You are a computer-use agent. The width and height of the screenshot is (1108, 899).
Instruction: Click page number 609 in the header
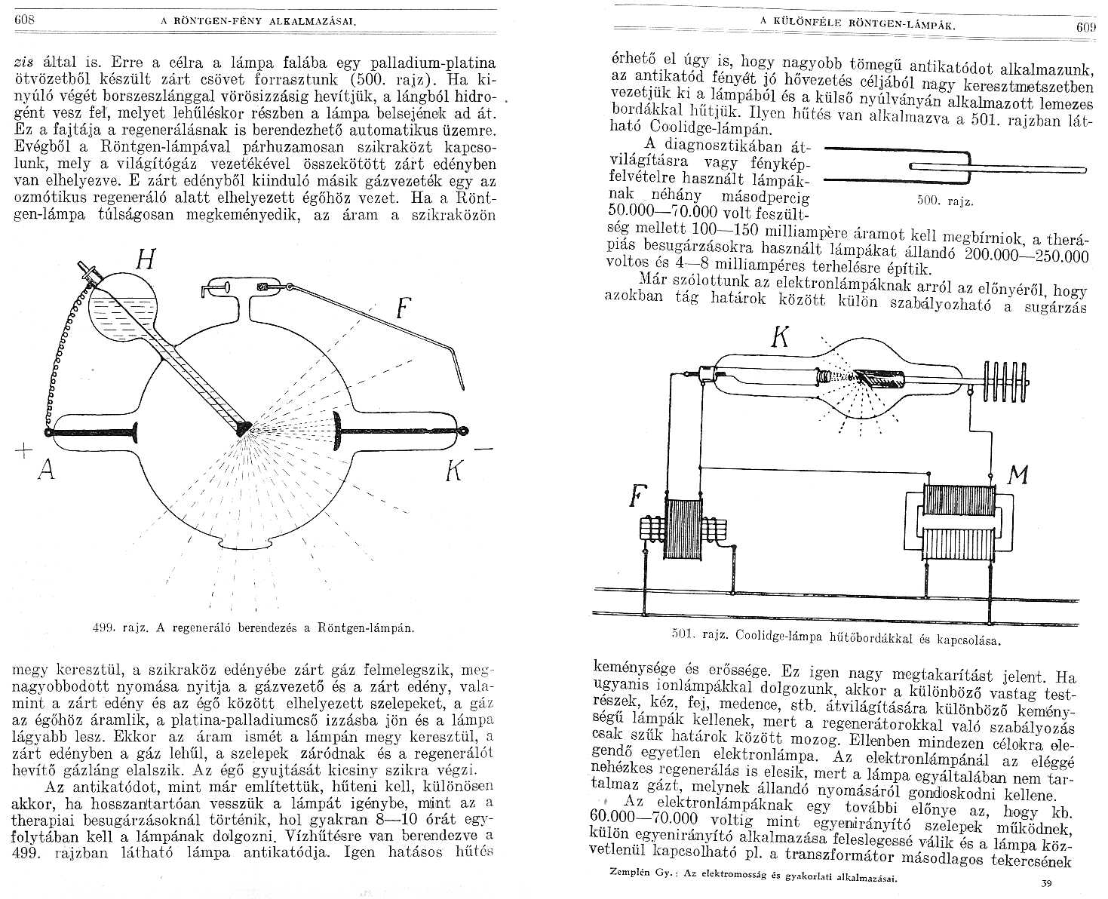point(1085,29)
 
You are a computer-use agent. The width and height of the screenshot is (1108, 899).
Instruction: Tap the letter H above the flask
point(146,261)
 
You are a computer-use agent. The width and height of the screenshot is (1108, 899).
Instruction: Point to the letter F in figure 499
point(404,308)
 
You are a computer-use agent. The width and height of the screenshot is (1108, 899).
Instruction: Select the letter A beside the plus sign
point(47,471)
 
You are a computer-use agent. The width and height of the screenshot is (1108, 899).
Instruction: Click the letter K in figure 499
point(454,471)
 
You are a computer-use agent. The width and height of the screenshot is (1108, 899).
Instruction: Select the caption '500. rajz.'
point(945,201)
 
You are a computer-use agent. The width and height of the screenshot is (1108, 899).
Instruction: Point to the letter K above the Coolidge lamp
point(781,339)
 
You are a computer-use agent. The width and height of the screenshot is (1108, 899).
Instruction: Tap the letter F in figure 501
point(637,497)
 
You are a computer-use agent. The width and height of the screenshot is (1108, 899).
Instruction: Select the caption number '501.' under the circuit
point(682,635)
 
